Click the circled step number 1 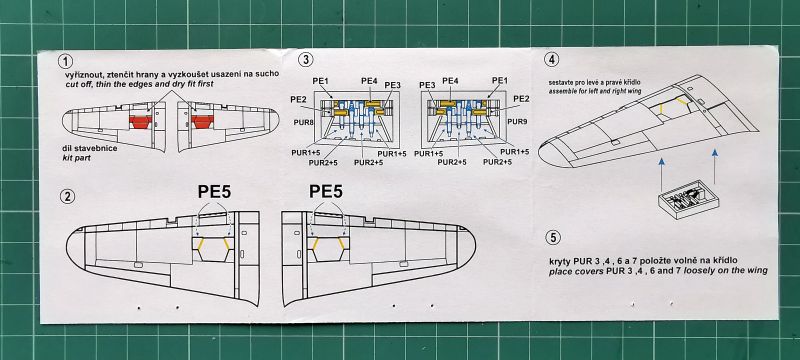(65, 62)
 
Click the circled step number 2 (66, 196)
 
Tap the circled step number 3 (305, 60)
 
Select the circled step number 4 (551, 60)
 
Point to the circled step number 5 (553, 238)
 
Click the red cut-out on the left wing (141, 122)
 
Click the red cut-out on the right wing (202, 121)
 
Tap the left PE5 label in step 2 (213, 191)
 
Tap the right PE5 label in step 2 (326, 191)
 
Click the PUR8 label (304, 122)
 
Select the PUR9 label (517, 122)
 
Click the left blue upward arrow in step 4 (661, 172)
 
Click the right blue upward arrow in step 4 (715, 166)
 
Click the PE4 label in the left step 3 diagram (369, 81)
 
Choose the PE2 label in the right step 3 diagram (521, 98)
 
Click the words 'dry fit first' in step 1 (191, 83)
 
